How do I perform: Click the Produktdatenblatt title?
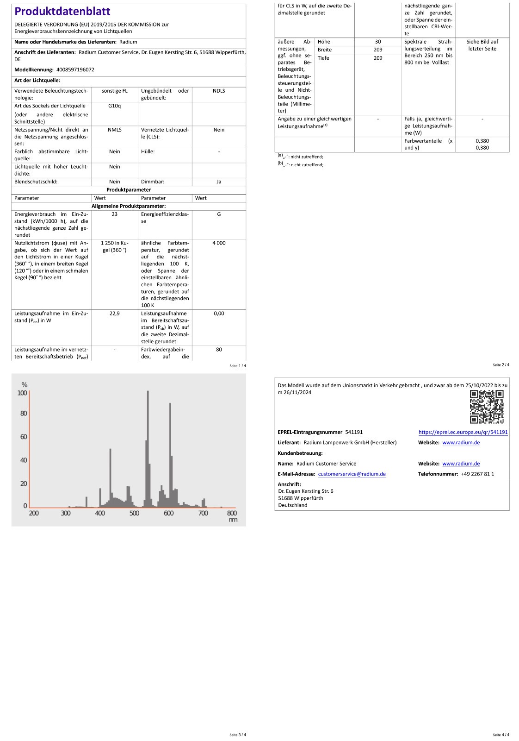click(x=62, y=11)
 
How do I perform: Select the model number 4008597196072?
click(x=75, y=69)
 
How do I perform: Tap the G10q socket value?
click(x=114, y=106)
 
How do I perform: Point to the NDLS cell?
click(x=219, y=91)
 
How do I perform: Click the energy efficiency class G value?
click(x=219, y=214)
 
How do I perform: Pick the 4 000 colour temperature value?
click(x=219, y=243)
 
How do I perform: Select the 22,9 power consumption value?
click(x=114, y=314)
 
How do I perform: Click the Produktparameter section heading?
click(x=129, y=190)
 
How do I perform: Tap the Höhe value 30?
click(x=378, y=42)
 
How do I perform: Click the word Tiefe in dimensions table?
click(x=323, y=58)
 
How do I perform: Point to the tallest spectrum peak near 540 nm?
click(x=148, y=394)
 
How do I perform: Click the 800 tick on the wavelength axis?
click(x=232, y=513)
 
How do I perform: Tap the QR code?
click(x=486, y=407)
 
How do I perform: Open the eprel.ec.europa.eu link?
click(x=463, y=432)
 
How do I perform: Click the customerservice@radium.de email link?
click(x=352, y=474)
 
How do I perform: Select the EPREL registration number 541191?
click(x=354, y=432)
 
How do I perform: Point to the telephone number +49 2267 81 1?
click(x=477, y=474)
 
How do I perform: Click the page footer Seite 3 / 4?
click(x=238, y=735)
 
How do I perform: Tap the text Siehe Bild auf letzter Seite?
click(x=482, y=45)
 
